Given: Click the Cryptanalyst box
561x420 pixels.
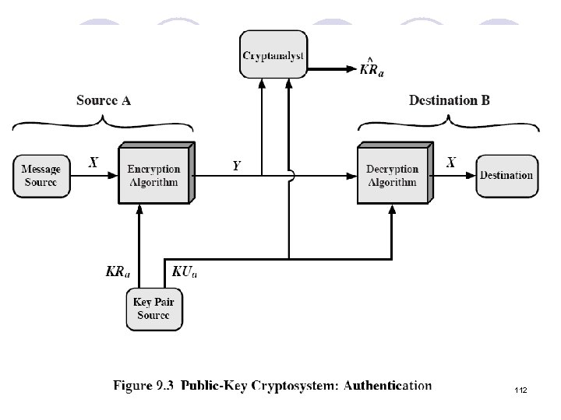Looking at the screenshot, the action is (273, 54).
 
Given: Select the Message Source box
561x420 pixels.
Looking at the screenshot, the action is (41, 176).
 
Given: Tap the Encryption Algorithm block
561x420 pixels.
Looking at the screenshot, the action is (157, 173).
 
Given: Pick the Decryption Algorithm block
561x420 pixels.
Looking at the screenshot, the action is (395, 173).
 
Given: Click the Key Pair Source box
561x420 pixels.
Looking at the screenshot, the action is (154, 310).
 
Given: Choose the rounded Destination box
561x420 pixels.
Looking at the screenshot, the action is (507, 176).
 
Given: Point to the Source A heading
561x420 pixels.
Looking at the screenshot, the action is (104, 100).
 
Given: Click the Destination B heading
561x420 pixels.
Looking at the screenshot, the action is (450, 100).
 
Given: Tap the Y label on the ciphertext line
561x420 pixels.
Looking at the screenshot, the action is (237, 166).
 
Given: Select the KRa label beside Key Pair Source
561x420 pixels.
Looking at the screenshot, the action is (118, 271).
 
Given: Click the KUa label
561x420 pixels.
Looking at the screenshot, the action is (185, 271).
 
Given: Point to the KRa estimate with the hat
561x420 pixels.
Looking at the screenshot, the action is (372, 67).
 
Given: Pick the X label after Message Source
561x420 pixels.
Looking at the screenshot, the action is (93, 163).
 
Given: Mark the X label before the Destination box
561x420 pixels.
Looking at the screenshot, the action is (451, 163).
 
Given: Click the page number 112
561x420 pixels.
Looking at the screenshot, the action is (521, 390).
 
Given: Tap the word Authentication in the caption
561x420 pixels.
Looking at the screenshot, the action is (387, 385).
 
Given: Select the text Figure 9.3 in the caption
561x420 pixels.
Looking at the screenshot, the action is (143, 385).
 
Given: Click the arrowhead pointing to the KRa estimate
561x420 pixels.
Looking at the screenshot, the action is (352, 69).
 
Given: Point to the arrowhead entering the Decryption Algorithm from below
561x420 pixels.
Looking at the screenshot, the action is (392, 210).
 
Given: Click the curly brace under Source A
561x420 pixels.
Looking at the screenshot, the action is (103, 123).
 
